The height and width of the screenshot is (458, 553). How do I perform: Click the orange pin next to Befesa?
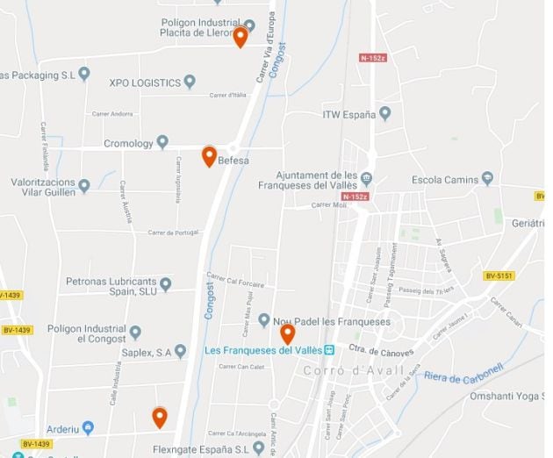coord(209,156)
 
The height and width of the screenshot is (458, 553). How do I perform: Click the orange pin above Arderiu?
coord(159,417)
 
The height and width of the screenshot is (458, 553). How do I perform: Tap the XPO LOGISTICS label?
coord(144,82)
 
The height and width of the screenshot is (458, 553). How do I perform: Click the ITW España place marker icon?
coord(384,114)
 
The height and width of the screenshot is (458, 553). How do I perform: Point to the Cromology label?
coord(128,143)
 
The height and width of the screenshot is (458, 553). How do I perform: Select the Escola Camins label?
coord(445,180)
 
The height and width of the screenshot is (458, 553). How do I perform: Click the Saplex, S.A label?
coord(147,352)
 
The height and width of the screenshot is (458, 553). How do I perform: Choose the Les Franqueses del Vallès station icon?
coord(329,350)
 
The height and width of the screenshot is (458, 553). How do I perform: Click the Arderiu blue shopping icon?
coord(88,427)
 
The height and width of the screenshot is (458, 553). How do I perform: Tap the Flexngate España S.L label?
coord(208,448)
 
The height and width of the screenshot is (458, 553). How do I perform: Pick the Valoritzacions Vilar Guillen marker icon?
coord(84,185)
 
